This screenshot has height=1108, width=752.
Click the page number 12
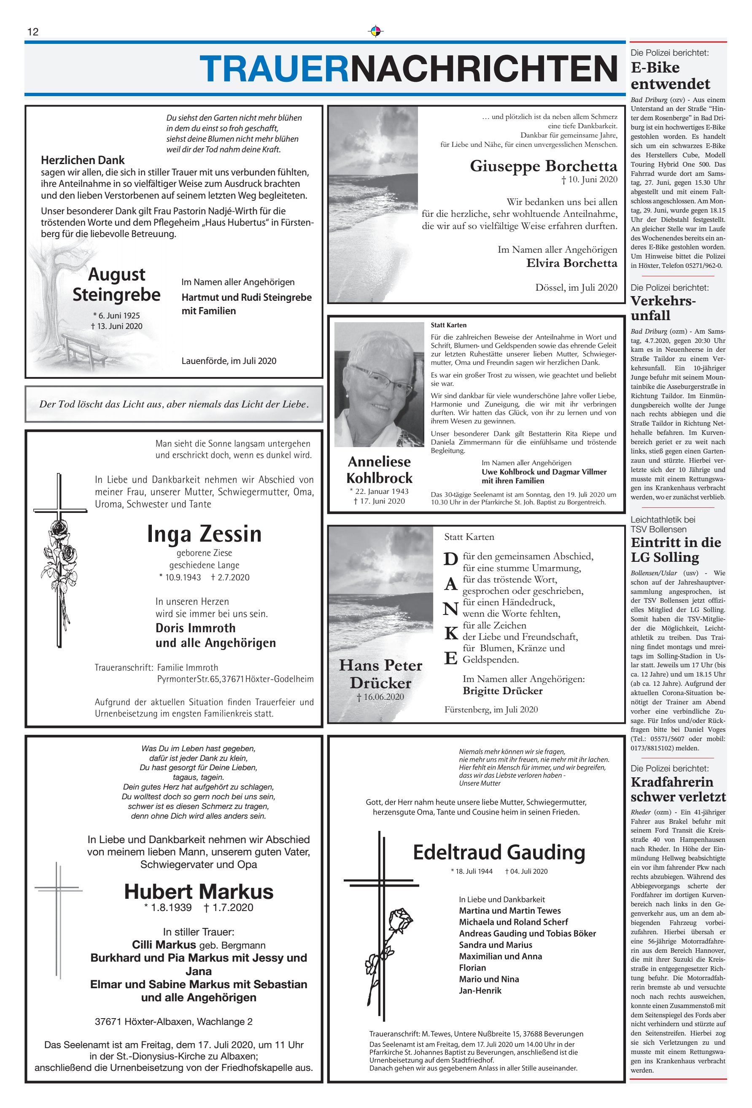coord(33,32)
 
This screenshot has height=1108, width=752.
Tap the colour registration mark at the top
coord(376,32)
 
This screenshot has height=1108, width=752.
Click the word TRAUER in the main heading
coord(275,69)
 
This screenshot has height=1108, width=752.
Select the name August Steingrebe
coord(117,285)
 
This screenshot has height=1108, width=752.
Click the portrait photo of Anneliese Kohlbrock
coord(379,384)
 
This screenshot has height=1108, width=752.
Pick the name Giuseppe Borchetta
coord(543,166)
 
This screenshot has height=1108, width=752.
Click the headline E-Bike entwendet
coord(670,76)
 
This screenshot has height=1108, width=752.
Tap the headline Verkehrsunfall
coord(663,308)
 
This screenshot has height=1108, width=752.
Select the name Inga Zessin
coord(204,534)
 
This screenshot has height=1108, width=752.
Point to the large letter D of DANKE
coord(450,559)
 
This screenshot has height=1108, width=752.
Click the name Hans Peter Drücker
coord(380,674)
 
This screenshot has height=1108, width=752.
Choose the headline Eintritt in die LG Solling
coord(675,550)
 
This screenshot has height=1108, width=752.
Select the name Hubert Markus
coord(199,891)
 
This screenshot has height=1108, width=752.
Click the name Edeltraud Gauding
coord(499,852)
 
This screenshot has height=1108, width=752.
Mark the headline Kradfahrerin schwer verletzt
coord(678,789)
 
